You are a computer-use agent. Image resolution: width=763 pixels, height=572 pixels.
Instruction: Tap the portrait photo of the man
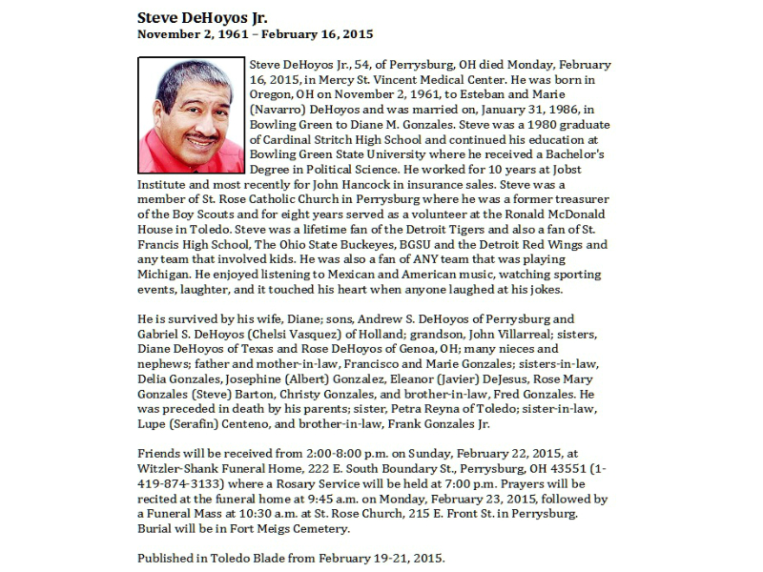point(191,115)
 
